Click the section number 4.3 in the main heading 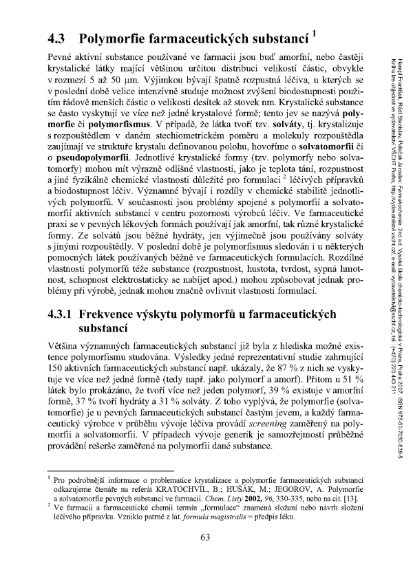(54, 36)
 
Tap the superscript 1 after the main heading (314, 31)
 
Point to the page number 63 (204, 556)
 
